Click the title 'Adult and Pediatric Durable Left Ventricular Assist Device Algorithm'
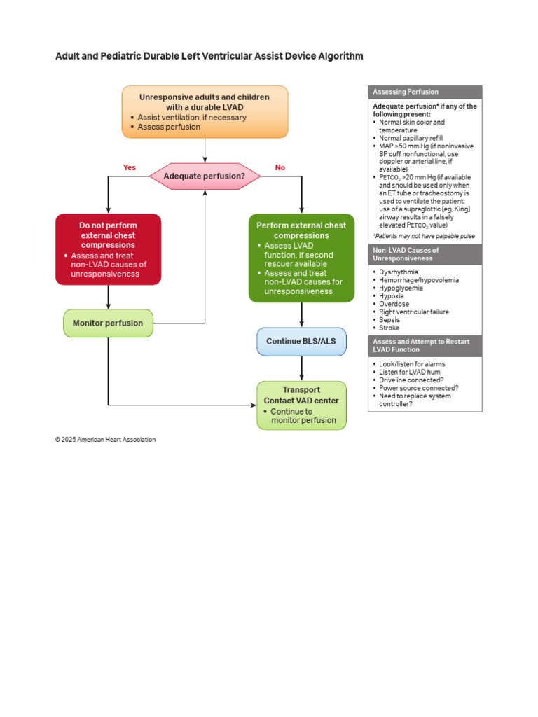point(209,56)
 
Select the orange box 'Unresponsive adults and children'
point(205,111)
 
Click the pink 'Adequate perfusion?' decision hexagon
point(205,176)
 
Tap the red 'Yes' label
point(130,167)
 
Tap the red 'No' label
point(280,167)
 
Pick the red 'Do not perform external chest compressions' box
point(108,249)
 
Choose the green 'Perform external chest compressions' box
point(301,258)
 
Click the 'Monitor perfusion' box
point(108,323)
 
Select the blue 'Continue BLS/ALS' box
point(301,341)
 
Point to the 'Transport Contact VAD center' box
point(301,405)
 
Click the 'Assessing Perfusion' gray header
point(425,92)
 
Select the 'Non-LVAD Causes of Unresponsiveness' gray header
point(425,253)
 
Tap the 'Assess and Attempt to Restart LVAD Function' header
point(425,345)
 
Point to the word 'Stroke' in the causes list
point(389,328)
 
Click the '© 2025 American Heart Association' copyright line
point(105,440)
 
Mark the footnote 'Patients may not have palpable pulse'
point(424,236)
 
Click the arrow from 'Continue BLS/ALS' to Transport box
point(301,368)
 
